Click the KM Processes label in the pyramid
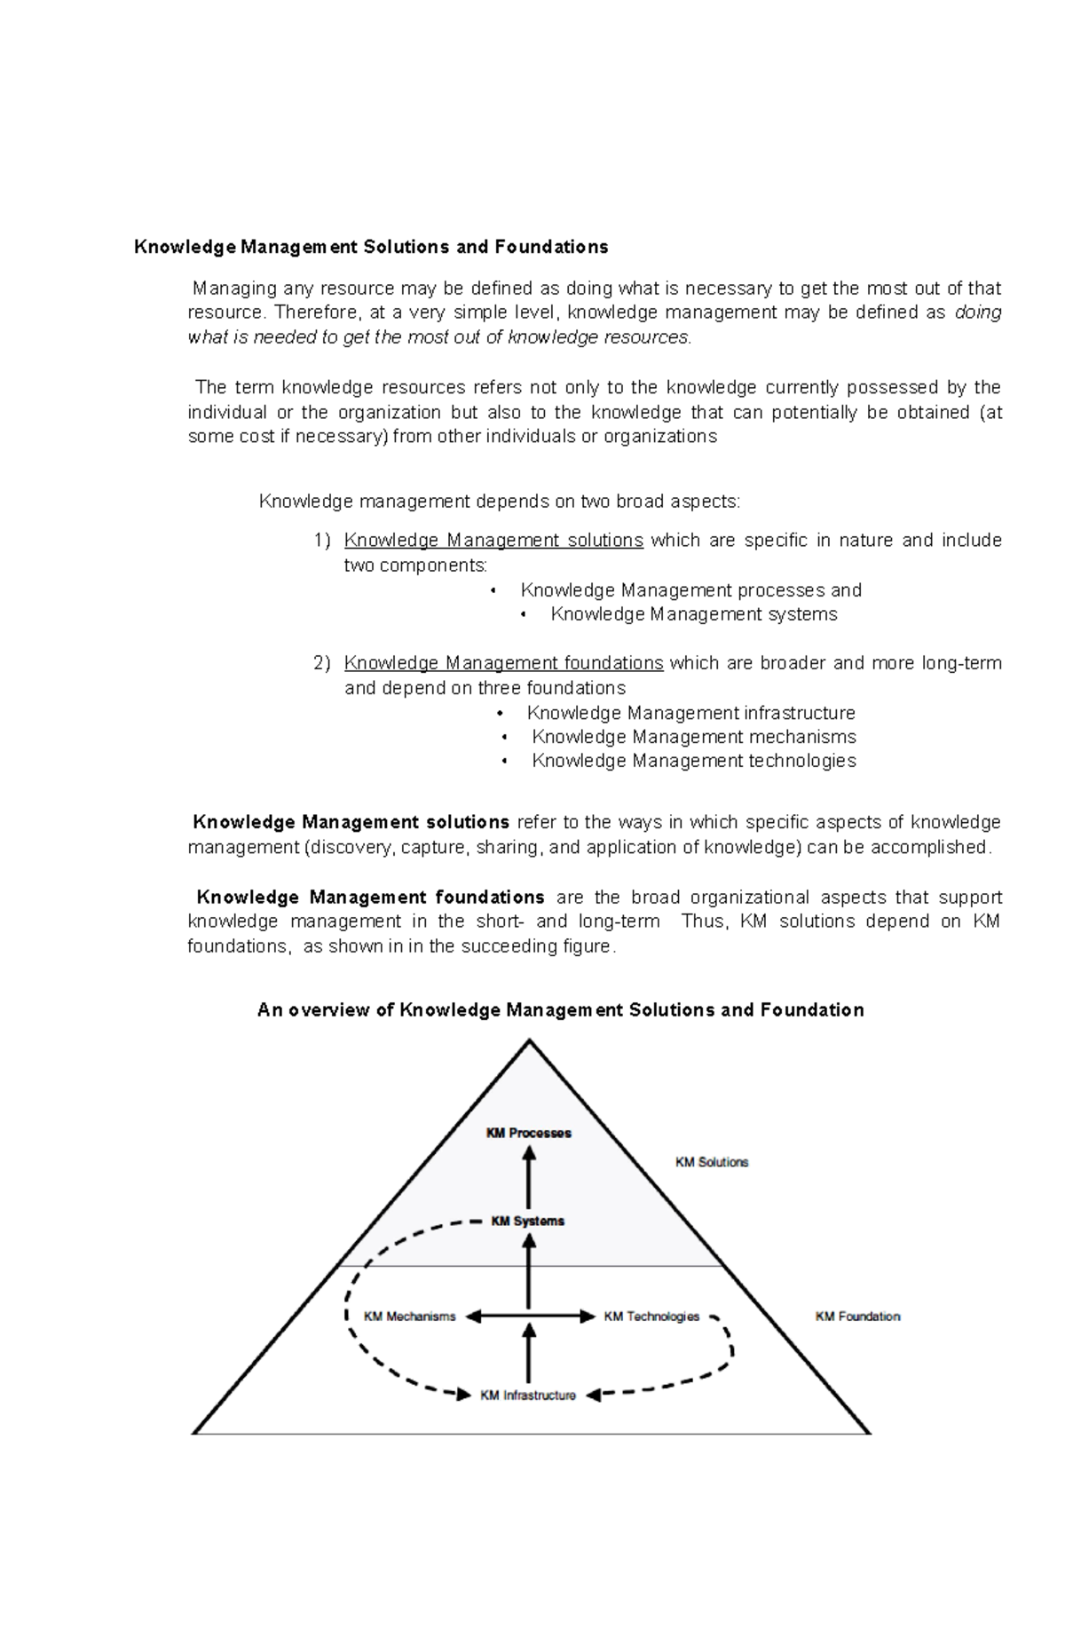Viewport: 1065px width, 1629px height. (x=528, y=1133)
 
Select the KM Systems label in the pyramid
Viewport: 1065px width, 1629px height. (x=528, y=1221)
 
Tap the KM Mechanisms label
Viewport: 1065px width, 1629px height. (x=409, y=1317)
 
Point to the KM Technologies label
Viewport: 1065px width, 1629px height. (x=651, y=1317)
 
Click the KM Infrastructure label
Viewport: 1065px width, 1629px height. (x=528, y=1396)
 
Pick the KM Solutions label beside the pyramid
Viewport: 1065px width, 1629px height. (x=712, y=1162)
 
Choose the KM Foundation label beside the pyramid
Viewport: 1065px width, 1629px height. (x=857, y=1317)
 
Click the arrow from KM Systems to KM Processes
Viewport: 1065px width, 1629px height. (x=529, y=1177)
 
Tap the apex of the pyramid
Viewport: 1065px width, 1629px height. (x=530, y=1041)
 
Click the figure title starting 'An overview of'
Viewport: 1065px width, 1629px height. (x=560, y=1010)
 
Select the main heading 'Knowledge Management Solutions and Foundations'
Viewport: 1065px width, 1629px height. (x=371, y=247)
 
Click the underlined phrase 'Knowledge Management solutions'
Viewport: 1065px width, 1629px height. (x=493, y=541)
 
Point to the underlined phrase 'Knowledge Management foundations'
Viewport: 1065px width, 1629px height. (x=503, y=663)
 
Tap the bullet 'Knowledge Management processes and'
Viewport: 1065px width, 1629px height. (x=690, y=590)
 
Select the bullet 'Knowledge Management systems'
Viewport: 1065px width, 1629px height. (x=693, y=614)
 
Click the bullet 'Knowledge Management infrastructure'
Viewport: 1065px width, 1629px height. (x=690, y=713)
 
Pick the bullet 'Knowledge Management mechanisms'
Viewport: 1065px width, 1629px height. (x=693, y=737)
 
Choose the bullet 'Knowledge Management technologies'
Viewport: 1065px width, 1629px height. (x=693, y=761)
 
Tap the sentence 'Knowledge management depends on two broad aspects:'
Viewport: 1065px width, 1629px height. (x=499, y=502)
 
